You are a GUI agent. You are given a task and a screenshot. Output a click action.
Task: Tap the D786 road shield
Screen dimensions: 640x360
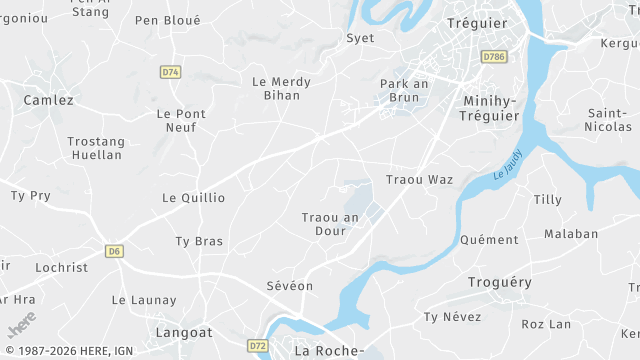[x=493, y=57]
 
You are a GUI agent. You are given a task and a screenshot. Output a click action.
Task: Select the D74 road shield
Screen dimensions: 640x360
[x=170, y=72]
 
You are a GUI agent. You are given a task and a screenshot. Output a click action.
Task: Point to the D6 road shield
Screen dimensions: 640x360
[x=115, y=250]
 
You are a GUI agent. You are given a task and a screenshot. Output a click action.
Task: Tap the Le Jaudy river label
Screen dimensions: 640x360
[x=509, y=174]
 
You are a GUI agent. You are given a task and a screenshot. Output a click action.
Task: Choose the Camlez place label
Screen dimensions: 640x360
[x=48, y=100]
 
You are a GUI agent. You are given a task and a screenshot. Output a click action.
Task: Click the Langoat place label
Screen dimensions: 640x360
[x=184, y=331]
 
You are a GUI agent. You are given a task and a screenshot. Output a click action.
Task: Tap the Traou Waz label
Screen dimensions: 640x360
[x=419, y=179]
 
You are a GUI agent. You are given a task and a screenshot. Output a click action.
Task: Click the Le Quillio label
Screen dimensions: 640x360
[x=193, y=198]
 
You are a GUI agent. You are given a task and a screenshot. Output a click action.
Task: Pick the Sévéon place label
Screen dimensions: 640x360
[x=290, y=286]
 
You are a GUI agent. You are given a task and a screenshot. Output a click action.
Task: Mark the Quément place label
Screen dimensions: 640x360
[x=489, y=240]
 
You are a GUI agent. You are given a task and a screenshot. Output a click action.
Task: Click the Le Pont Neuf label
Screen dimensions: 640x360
[x=181, y=120]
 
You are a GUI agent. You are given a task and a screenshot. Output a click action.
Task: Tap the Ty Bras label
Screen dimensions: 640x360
[x=199, y=241]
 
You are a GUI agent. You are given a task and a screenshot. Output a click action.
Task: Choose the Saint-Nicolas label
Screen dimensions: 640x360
[x=609, y=120]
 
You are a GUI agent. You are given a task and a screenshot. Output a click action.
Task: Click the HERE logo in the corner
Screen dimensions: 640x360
[x=21, y=325]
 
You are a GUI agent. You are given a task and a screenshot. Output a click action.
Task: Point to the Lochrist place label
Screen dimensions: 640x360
[x=62, y=267]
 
